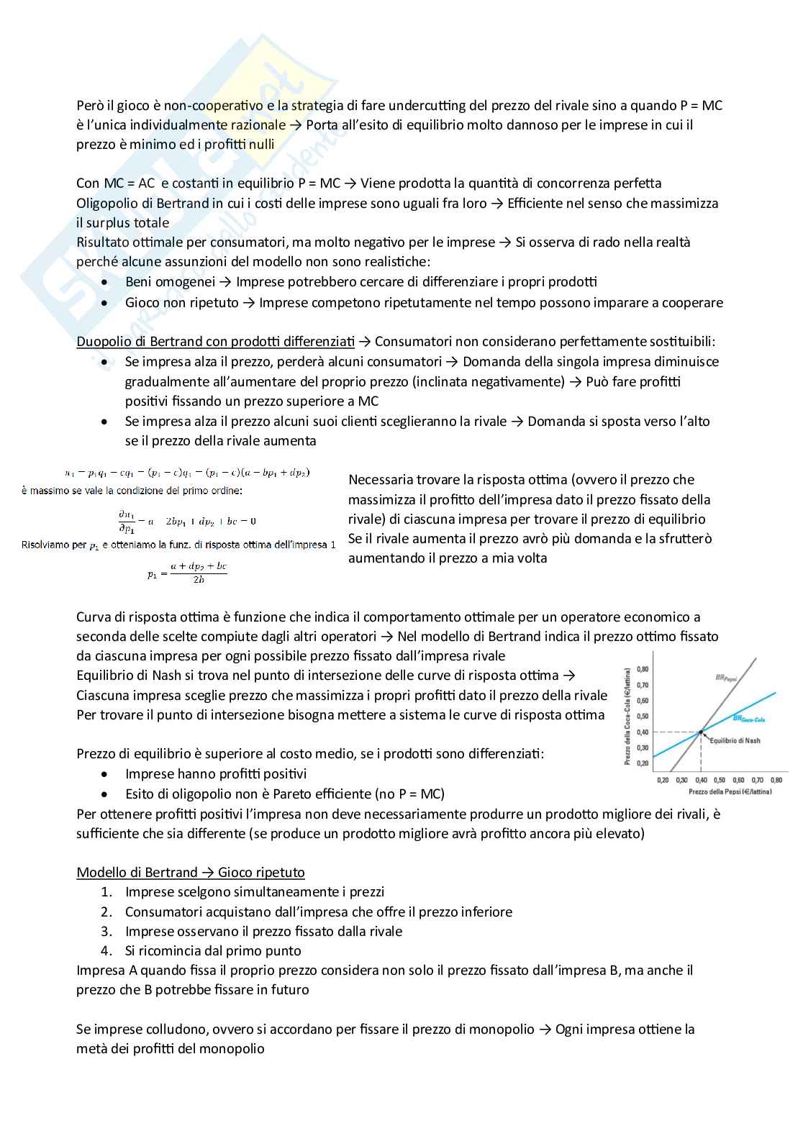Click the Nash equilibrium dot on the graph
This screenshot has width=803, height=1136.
click(701, 732)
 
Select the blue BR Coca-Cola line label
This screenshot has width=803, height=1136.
click(748, 719)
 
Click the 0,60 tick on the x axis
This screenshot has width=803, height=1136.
click(738, 780)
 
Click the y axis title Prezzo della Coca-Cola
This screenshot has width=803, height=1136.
click(627, 714)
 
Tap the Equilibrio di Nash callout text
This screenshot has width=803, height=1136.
click(735, 740)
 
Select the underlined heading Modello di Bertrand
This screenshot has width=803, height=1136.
click(190, 872)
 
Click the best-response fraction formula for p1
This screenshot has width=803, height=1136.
click(187, 573)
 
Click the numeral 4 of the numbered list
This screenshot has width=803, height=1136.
click(106, 950)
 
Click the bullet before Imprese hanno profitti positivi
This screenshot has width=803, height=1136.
click(106, 775)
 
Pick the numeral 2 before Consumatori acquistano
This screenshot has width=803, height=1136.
click(106, 912)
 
